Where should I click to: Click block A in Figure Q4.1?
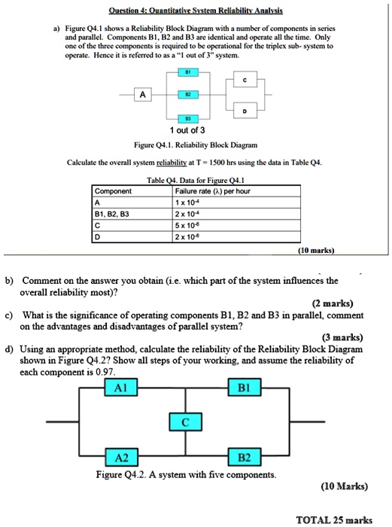click(142, 95)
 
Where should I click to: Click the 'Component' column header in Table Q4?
click(113, 191)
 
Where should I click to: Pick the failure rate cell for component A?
click(188, 202)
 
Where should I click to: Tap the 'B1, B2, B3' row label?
click(113, 213)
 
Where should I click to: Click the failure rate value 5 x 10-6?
click(188, 224)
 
